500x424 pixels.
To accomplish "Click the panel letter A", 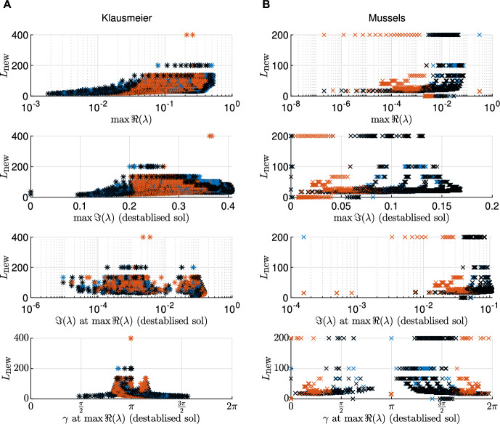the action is tap(7, 4).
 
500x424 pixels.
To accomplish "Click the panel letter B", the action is tap(266, 4).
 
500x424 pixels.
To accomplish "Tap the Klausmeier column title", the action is tap(126, 18).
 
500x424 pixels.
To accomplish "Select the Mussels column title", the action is tap(387, 18).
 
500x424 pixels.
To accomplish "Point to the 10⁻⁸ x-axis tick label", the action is tap(291, 107).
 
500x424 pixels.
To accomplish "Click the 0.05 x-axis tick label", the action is tap(340, 206).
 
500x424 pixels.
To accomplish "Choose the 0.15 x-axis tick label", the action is tap(441, 206).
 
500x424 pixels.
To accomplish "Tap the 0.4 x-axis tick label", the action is tap(228, 206).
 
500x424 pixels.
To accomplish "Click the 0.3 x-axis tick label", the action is tap(179, 206).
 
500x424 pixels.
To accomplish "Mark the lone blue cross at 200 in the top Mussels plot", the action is tap(479, 35).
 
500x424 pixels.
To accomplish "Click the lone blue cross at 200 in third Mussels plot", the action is tap(303, 237).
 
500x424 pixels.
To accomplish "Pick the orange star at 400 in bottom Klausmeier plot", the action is tap(131, 338).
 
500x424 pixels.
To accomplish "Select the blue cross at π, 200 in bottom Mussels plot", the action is tap(391, 338).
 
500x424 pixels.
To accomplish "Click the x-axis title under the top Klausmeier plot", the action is tap(131, 120).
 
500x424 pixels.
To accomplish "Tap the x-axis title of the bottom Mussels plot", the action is tap(391, 418).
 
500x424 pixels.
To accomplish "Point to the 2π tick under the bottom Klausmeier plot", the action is tap(231, 407).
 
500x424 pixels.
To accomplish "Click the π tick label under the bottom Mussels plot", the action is tap(391, 407).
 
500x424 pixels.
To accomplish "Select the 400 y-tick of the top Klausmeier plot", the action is tap(20, 35).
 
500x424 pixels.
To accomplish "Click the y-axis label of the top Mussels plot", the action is tap(264, 65).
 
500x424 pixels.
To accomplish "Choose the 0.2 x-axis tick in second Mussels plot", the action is tap(492, 206).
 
